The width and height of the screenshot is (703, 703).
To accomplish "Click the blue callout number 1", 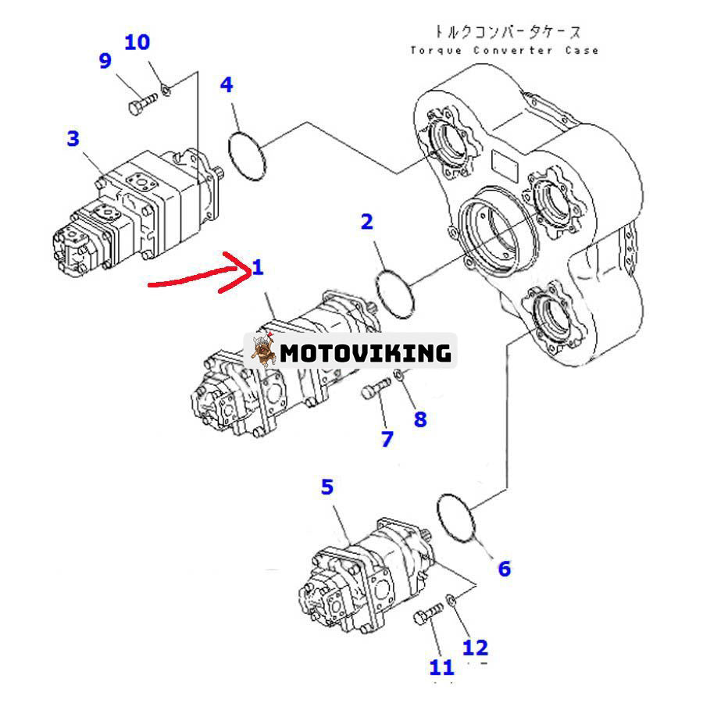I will coord(258,268).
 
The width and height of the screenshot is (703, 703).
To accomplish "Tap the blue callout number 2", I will coord(366,222).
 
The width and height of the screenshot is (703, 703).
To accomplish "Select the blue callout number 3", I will coord(73,139).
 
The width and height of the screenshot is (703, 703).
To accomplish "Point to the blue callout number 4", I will coord(227,84).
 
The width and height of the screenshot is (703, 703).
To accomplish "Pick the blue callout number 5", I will coord(327,487).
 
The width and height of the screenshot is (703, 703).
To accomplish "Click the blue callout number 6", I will coord(504,569).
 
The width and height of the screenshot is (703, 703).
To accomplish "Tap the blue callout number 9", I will coord(105,61).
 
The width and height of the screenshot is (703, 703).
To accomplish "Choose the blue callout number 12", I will coord(475,647).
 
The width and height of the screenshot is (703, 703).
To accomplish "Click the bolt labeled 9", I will coord(137,105).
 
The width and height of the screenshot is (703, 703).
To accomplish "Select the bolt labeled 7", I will coord(376,388).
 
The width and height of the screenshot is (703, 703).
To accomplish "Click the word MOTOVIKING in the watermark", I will coord(366,353).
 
